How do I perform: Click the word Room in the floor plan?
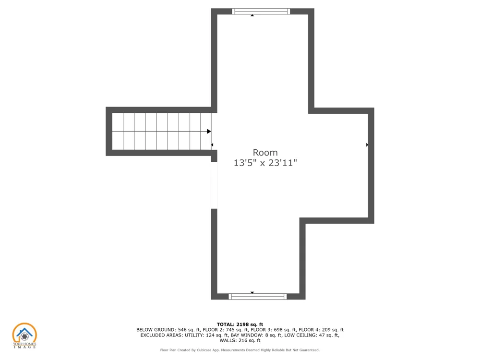(265, 153)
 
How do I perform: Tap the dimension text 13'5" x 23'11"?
(265, 163)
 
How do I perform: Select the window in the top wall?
(261, 12)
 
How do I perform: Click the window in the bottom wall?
(257, 296)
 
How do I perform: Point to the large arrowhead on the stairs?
(209, 132)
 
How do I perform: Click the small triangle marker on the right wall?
(367, 145)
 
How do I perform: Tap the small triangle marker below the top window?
(252, 15)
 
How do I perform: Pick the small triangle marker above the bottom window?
(252, 293)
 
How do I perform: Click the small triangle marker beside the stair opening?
(212, 145)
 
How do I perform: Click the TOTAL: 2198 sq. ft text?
(240, 324)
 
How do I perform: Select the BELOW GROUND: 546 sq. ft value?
(168, 330)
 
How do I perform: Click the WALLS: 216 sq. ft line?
(240, 340)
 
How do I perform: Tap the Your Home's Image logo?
(24, 336)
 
